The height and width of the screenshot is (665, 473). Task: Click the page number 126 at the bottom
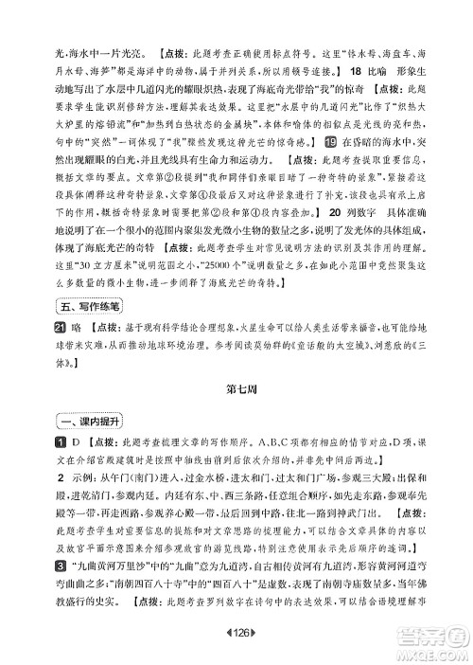[x=236, y=647]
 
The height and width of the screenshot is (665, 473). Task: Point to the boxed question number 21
[x=40, y=327]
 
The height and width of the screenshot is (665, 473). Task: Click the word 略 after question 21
[x=60, y=327]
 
